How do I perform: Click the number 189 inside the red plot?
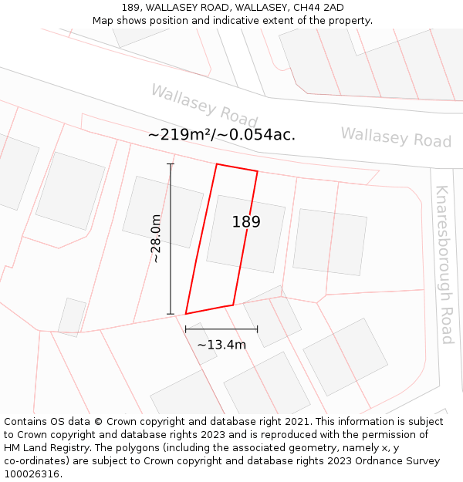tap(246, 222)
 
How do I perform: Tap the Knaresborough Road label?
tap(444, 265)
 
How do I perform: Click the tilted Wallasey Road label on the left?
tap(204, 106)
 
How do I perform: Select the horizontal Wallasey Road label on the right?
tap(396, 138)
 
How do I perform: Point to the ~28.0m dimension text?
tap(156, 239)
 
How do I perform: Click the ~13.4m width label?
tap(221, 345)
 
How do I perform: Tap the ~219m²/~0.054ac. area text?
tap(221, 135)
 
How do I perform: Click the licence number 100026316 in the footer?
tap(31, 474)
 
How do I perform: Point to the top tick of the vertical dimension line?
tap(171, 164)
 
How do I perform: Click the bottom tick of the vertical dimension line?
tap(171, 314)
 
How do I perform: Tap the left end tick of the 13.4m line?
tap(185, 329)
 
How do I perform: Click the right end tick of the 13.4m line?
tap(258, 329)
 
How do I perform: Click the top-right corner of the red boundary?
tap(257, 171)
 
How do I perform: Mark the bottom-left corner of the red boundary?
tap(186, 314)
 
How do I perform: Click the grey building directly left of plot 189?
tap(163, 211)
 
